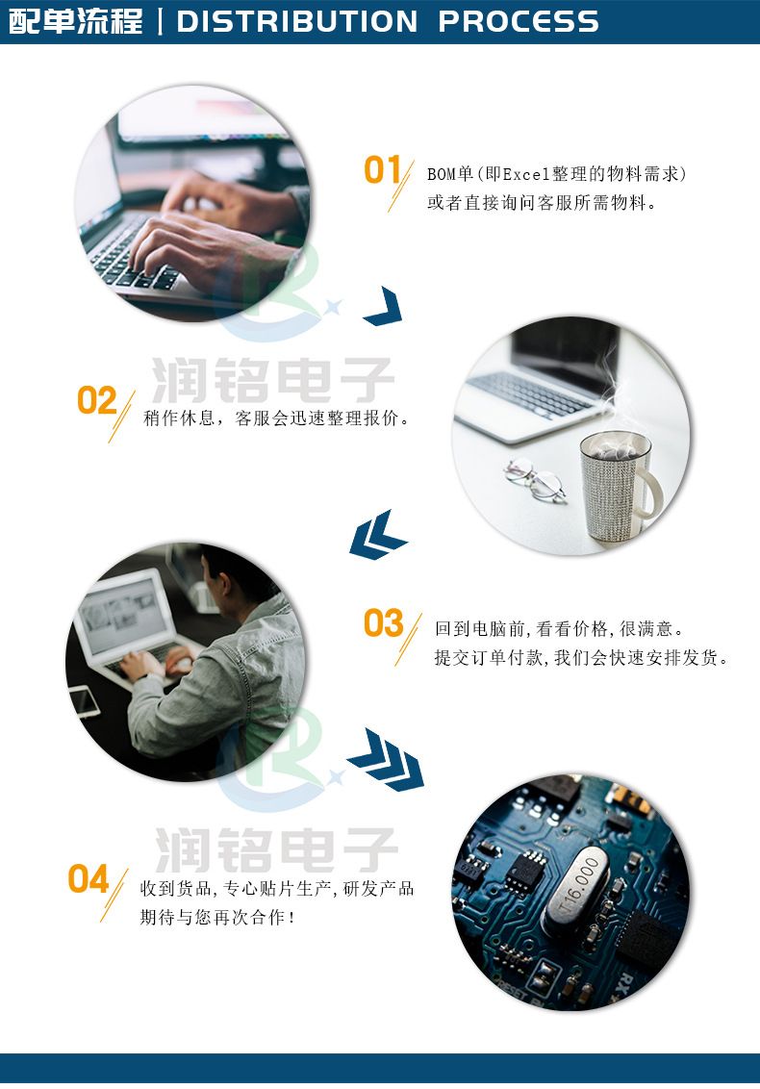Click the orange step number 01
tap(383, 169)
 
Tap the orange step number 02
tap(96, 400)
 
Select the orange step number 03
tap(384, 623)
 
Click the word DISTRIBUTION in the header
tap(296, 21)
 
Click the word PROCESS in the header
tap(519, 21)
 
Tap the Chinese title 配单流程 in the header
tap(75, 21)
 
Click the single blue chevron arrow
tap(384, 306)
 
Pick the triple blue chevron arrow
tap(386, 759)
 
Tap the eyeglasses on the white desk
tap(535, 479)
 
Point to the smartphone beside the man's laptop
tap(84, 700)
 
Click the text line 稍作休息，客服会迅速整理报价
tap(276, 418)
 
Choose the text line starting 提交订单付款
tap(581, 658)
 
